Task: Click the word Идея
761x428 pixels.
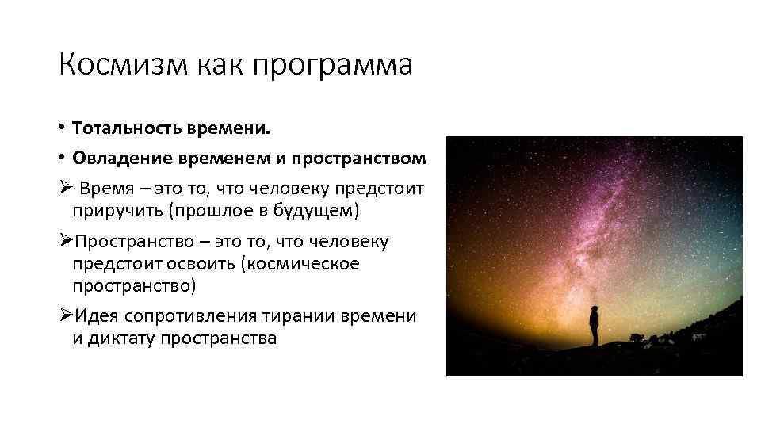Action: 95,316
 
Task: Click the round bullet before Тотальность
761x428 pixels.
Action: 61,128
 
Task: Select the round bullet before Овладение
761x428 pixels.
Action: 61,159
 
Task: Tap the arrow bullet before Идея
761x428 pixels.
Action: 66,316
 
